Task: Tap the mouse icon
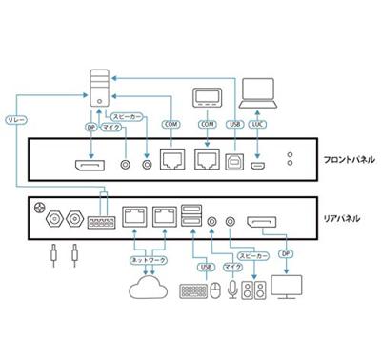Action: coord(217,290)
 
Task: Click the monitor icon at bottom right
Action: coord(287,289)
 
